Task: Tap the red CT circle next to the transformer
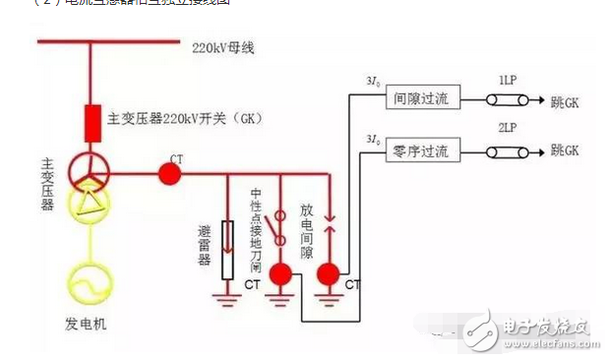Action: (x=170, y=174)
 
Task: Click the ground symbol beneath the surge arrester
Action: (x=228, y=291)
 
